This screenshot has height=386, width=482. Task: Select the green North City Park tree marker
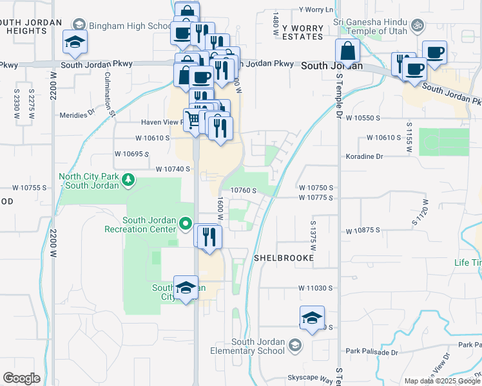pos(128,179)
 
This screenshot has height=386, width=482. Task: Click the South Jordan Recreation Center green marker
pos(186,224)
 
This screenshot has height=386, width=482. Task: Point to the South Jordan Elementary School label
pos(248,346)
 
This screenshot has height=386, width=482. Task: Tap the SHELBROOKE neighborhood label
pos(284,257)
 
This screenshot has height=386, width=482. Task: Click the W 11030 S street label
pos(316,289)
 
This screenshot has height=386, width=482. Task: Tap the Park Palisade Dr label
pos(372,351)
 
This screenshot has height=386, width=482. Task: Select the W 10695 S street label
pos(131,154)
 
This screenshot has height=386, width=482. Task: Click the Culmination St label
pos(110,93)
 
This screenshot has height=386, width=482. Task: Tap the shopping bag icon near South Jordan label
pos(347,51)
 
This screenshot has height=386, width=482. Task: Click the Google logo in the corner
pos(21,378)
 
